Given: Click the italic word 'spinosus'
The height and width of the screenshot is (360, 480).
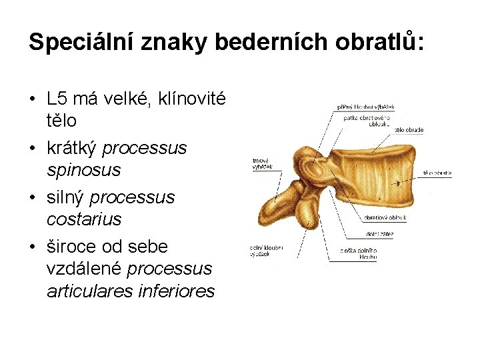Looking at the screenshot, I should tap(83, 170).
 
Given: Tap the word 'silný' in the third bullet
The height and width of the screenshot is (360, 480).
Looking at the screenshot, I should tap(65, 197).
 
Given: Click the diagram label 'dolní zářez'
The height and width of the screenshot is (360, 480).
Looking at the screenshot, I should tap(380, 234).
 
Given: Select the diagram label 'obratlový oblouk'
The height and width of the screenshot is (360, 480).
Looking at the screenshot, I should tap(385, 217).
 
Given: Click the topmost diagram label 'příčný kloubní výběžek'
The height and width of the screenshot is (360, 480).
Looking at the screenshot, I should tap(366, 107).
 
